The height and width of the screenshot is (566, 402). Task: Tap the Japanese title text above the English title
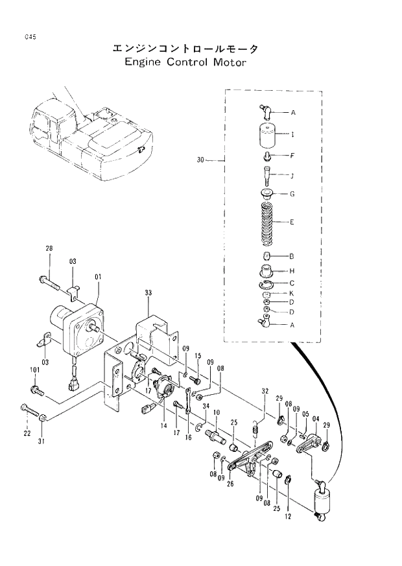point(184,49)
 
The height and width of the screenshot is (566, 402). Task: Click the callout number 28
point(49,249)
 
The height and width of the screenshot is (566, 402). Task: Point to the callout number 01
point(98,277)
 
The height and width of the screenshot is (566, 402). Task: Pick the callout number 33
point(148,294)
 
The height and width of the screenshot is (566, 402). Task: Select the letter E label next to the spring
point(292,222)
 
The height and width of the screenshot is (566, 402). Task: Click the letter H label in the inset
point(292,270)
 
